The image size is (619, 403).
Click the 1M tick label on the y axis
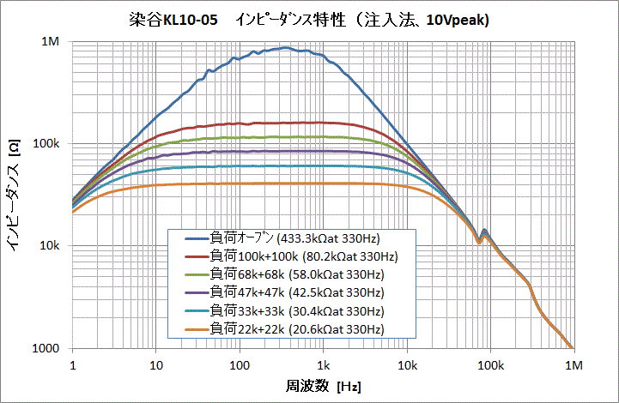[x=51, y=42]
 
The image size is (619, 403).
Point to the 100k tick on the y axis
[x=46, y=144]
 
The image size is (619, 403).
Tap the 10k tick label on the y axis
[x=50, y=246]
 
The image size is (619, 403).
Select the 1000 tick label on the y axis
[x=46, y=348]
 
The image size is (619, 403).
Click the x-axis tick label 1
[x=73, y=364]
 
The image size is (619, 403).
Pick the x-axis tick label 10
[x=155, y=364]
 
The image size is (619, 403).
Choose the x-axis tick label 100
[x=239, y=364]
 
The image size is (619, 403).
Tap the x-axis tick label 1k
[x=323, y=364]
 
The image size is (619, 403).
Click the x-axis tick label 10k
[x=406, y=364]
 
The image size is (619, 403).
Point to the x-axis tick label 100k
[x=489, y=364]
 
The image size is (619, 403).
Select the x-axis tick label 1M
[x=573, y=364]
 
